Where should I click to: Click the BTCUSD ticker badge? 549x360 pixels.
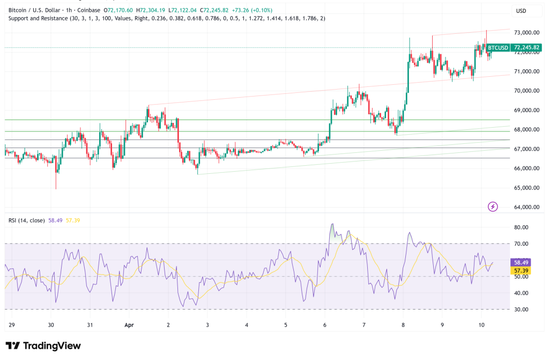(499, 48)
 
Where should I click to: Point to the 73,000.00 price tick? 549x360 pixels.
(526, 33)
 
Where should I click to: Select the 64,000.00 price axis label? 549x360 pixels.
(526, 207)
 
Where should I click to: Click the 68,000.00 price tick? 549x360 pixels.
(526, 130)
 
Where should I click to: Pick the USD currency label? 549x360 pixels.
(521, 11)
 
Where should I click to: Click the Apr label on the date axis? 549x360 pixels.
(129, 325)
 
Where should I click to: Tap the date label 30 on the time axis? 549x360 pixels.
(51, 325)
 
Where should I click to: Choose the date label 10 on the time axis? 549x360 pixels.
(481, 325)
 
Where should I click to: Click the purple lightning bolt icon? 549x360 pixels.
(493, 207)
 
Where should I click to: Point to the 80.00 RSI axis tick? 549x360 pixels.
(522, 227)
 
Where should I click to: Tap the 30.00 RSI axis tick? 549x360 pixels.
(522, 310)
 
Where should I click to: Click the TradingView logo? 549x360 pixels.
(43, 346)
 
